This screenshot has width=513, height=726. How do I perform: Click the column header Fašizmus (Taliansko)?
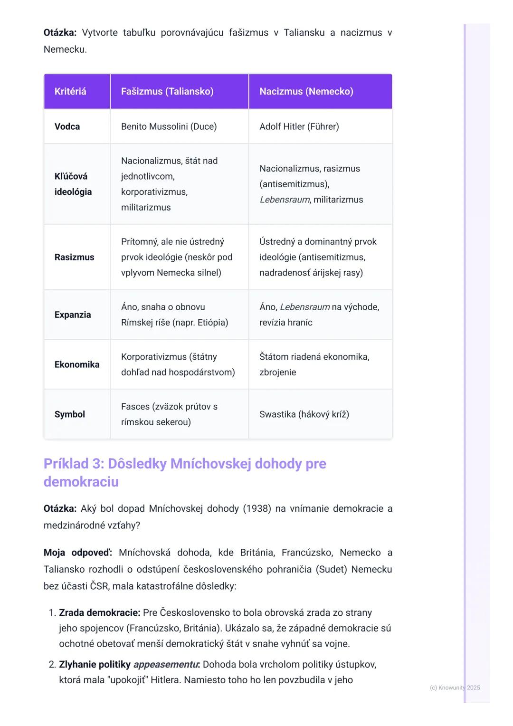pyautogui.click(x=167, y=91)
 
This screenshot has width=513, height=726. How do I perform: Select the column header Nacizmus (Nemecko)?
pyautogui.click(x=306, y=91)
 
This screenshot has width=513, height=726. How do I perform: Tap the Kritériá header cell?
pyautogui.click(x=70, y=91)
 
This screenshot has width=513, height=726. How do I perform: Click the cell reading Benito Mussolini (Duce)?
pyautogui.click(x=169, y=126)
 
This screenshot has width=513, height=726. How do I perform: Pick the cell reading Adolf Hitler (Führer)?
pyautogui.click(x=299, y=126)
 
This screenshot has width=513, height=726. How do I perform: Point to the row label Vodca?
pyautogui.click(x=67, y=126)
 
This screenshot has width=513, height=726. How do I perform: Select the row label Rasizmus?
pyautogui.click(x=74, y=257)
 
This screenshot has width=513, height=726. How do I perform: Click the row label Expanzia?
pyautogui.click(x=73, y=315)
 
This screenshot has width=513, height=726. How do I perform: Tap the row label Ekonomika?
pyautogui.click(x=77, y=364)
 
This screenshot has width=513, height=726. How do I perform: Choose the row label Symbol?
pyautogui.click(x=70, y=414)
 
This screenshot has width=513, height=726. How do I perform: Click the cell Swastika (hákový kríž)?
pyautogui.click(x=304, y=414)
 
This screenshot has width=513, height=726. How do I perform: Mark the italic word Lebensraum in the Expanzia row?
pyautogui.click(x=304, y=307)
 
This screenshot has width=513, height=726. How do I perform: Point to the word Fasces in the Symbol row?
pyautogui.click(x=135, y=407)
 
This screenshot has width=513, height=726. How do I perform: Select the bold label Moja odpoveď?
pyautogui.click(x=78, y=553)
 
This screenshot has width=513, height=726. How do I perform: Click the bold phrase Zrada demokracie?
pyautogui.click(x=99, y=613)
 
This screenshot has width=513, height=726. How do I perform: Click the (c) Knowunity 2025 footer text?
pyautogui.click(x=455, y=688)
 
